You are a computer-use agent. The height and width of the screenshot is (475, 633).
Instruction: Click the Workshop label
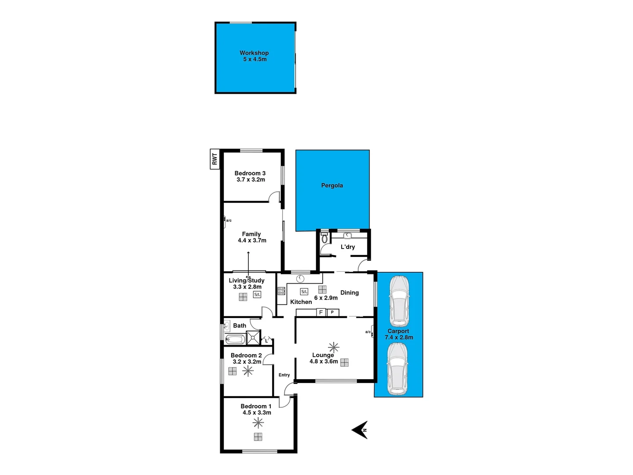pos(254,53)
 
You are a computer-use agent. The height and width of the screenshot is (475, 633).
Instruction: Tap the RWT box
pos(215,159)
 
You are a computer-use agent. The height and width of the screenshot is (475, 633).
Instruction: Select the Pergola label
pos(332,186)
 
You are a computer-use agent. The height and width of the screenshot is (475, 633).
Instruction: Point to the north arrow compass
pos(360,430)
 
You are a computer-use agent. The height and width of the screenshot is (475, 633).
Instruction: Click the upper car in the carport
pos(399,301)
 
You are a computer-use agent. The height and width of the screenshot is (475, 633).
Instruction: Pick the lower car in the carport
pos(397,369)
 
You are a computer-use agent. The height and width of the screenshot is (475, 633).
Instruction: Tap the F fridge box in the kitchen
pos(321,312)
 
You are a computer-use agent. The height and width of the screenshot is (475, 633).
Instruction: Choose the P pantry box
pos(332,312)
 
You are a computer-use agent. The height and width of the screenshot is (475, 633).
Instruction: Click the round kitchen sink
pos(300,278)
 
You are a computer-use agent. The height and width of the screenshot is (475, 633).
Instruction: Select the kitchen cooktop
pos(281,291)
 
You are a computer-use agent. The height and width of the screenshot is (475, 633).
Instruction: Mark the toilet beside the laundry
pos(324,238)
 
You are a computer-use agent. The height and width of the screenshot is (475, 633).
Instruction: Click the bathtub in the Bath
pos(235,339)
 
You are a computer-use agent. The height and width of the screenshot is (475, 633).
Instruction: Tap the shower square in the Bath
pos(253,337)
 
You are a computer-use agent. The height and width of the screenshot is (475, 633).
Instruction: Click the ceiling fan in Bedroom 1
pos(258,423)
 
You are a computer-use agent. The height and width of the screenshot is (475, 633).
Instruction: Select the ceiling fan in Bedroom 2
pos(248,371)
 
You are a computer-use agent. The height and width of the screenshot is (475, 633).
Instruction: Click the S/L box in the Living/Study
pos(257,295)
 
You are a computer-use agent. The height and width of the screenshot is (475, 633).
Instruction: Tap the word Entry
pos(284,375)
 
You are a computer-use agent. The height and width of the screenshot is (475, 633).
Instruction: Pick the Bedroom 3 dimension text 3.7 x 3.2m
pos(251,179)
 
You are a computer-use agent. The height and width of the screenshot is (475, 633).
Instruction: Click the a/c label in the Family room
pos(229,220)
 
